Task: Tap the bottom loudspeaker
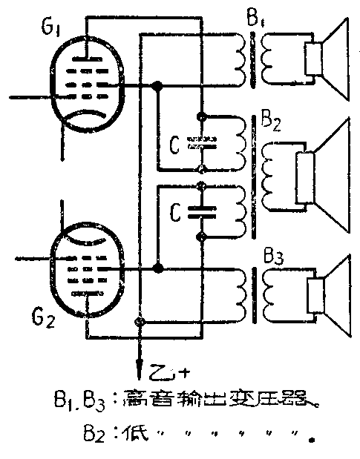click(x=327, y=288)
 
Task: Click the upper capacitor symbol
click(x=201, y=142)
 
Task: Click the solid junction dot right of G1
click(x=157, y=87)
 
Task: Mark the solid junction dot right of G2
click(x=157, y=266)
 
